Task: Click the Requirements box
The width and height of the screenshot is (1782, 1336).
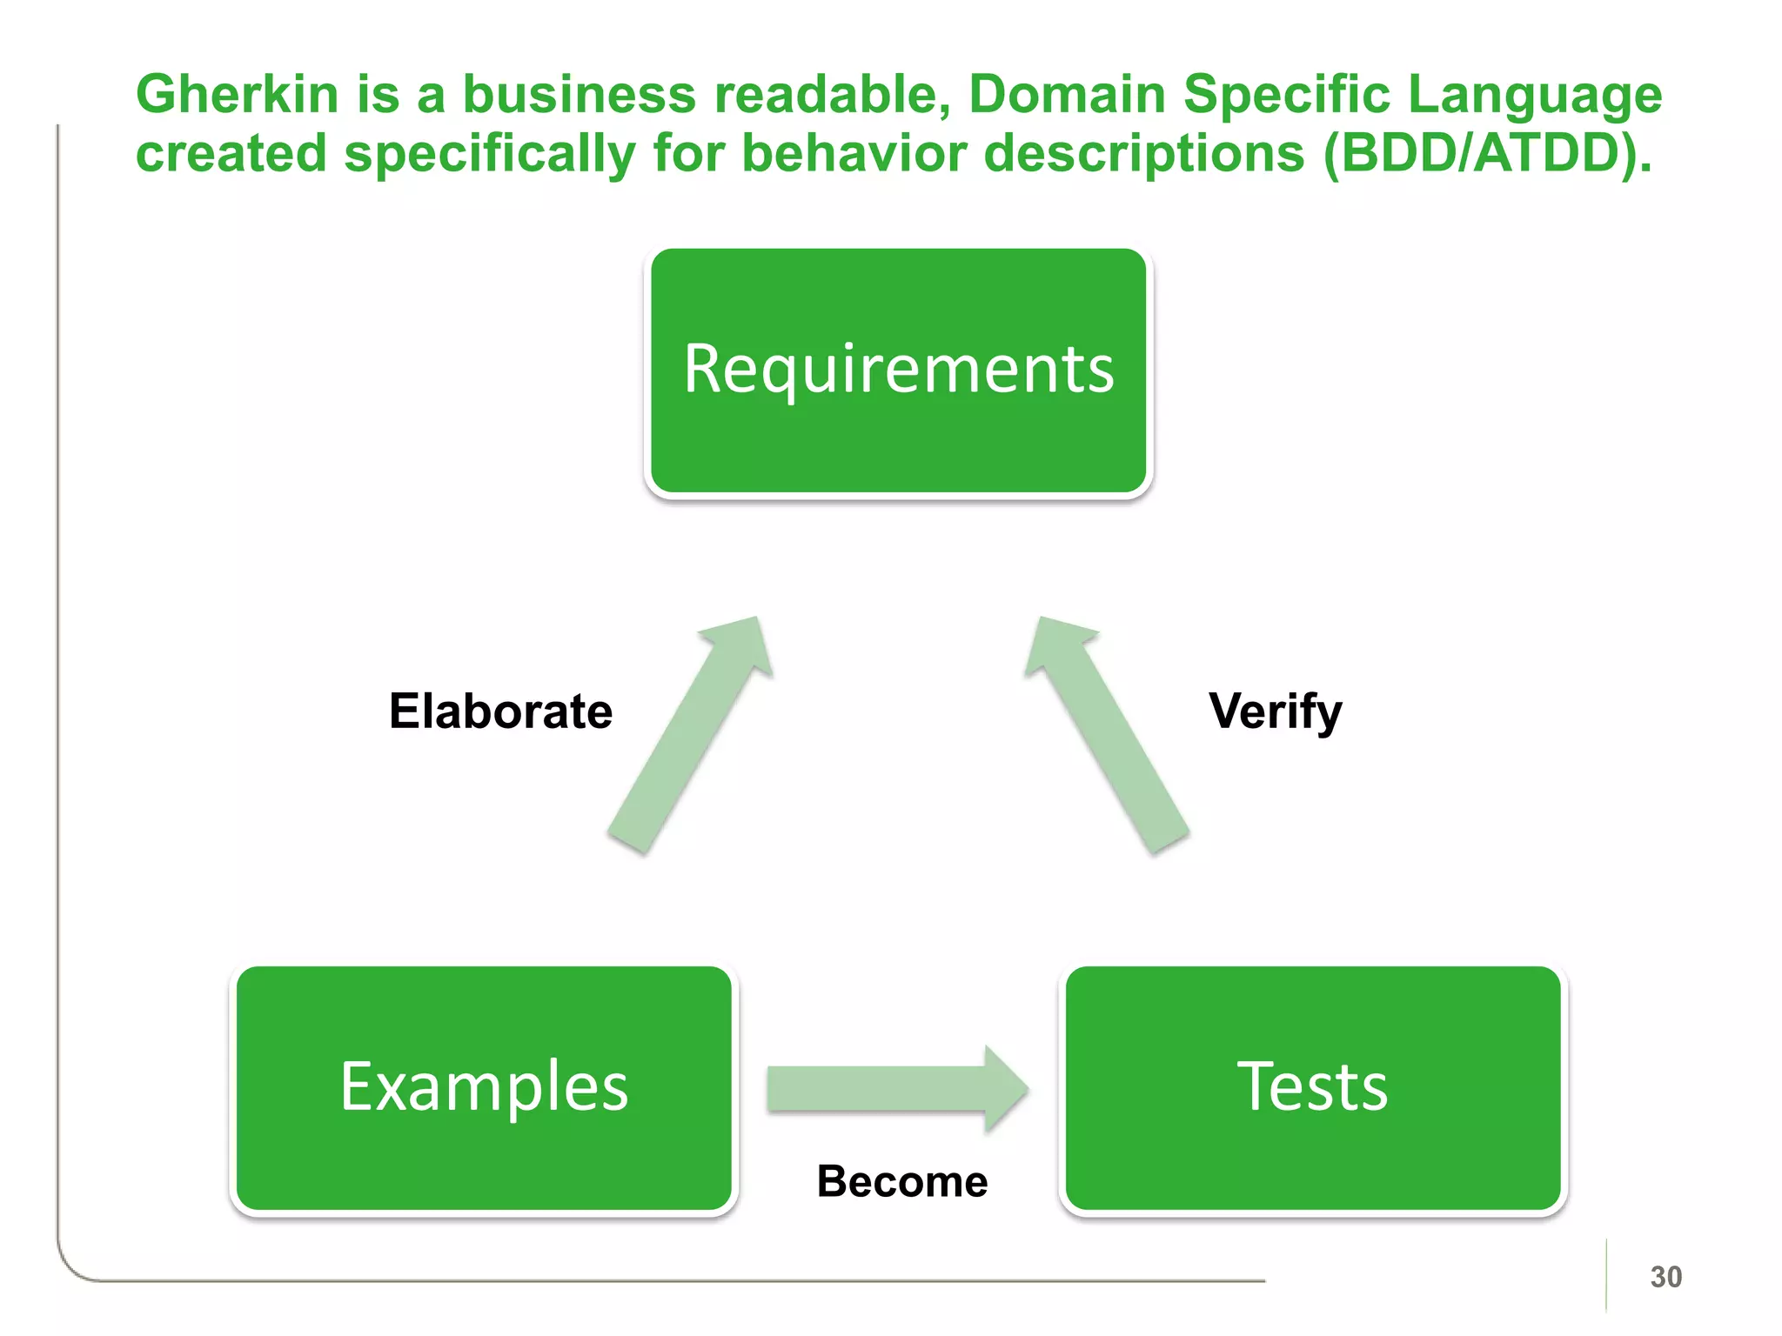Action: click(x=898, y=371)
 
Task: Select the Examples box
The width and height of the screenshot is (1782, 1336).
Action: click(x=484, y=1088)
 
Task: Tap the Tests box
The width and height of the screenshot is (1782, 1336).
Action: click(x=1312, y=1088)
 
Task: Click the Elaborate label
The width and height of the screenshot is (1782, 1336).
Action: click(x=500, y=711)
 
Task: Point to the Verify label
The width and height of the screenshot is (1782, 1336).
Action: click(x=1275, y=711)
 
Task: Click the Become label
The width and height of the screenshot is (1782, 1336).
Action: click(x=901, y=1181)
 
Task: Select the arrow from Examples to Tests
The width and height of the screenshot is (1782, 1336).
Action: click(x=896, y=1089)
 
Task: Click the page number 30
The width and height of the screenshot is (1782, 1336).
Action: click(x=1665, y=1277)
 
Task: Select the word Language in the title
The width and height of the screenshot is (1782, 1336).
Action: click(x=1534, y=96)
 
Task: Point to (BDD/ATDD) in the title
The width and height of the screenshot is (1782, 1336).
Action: click(x=1486, y=154)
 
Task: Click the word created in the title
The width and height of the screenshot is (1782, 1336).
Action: click(x=231, y=154)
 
